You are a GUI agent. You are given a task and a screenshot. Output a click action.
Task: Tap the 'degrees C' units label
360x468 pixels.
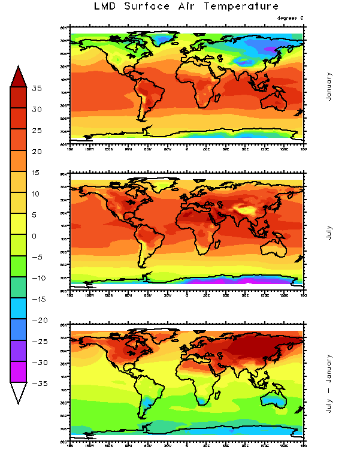(291, 18)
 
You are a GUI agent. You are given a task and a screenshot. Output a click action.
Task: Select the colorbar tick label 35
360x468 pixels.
(37, 89)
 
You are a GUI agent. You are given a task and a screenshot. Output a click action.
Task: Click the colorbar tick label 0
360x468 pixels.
(35, 236)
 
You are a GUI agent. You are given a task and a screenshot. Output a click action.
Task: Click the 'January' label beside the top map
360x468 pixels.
(329, 86)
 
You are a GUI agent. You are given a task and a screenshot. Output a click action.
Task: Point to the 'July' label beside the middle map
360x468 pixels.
(329, 233)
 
